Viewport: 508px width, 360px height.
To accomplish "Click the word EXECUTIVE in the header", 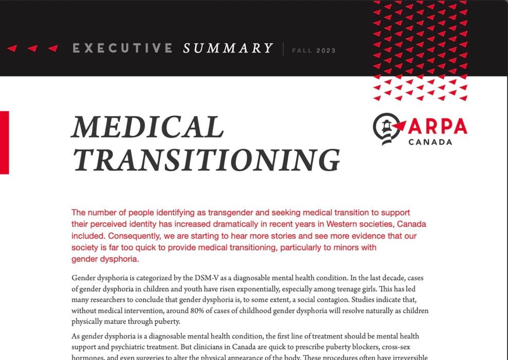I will (x=122, y=49).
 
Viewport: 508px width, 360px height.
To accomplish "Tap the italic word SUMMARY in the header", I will (x=228, y=49).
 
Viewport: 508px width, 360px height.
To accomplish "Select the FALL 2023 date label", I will (x=314, y=50).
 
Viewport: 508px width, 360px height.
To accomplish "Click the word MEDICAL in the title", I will (x=148, y=127).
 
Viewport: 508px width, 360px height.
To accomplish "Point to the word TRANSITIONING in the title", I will (x=206, y=159).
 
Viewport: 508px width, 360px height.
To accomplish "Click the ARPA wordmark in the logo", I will (x=438, y=125).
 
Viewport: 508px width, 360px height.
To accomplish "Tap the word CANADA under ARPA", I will (x=430, y=141).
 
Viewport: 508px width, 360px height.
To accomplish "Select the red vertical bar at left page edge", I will (x=4, y=142).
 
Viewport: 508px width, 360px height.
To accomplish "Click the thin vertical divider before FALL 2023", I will (x=283, y=49).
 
